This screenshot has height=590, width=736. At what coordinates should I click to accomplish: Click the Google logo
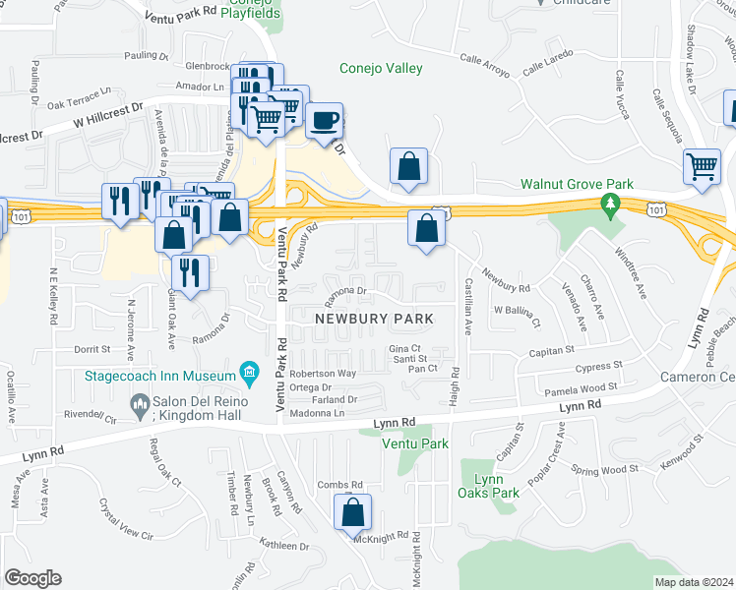tap(32, 578)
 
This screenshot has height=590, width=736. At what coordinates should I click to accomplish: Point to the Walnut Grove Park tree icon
tap(611, 204)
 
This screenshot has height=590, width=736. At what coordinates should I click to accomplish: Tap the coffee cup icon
tap(324, 121)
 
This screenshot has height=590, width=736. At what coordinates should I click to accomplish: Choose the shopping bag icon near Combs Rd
tap(352, 512)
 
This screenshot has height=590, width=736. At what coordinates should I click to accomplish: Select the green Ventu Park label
tap(416, 444)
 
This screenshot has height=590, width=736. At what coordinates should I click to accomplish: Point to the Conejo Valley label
tap(381, 68)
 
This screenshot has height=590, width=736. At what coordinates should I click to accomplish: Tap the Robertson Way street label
tap(321, 374)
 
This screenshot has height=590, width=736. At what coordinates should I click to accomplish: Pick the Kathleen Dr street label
tap(283, 546)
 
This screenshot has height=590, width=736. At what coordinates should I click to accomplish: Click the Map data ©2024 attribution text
tap(694, 582)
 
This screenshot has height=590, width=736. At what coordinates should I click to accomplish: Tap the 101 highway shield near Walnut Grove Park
tap(655, 207)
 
